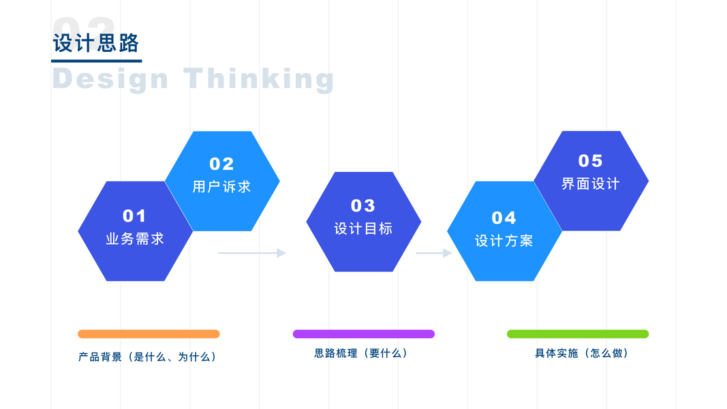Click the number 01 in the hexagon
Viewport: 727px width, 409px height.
point(134,216)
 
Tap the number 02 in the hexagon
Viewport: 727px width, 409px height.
point(221,164)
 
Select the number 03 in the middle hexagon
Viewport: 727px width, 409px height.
point(363,205)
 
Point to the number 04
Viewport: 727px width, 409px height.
point(504,217)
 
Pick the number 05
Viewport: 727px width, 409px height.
point(591,161)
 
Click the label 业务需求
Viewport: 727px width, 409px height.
point(135,239)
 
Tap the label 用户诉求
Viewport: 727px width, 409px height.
point(221,187)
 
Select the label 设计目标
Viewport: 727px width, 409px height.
point(363,229)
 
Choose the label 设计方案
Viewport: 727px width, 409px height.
point(504,241)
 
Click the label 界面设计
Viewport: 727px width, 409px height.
point(591,184)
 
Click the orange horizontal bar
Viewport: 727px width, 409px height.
point(149,334)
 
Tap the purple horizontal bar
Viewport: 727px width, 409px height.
point(363,334)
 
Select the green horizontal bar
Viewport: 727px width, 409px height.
point(578,334)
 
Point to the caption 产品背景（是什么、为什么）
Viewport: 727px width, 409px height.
point(148,357)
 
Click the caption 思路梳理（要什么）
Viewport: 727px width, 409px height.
point(361,353)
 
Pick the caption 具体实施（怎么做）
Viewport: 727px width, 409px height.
point(582,353)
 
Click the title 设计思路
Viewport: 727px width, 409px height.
point(96,43)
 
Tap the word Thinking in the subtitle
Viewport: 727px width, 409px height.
point(259,79)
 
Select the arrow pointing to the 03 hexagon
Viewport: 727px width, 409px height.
point(252,253)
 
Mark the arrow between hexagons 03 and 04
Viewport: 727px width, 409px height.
point(434,253)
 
